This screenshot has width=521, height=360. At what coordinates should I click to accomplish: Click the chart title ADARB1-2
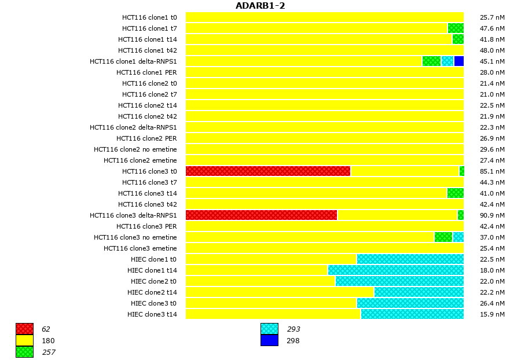(260, 6)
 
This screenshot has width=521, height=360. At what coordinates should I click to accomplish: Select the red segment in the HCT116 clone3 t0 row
(268, 171)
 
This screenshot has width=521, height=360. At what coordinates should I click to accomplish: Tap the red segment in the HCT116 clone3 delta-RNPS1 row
(261, 215)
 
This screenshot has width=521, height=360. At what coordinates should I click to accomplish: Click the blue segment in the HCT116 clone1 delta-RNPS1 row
(458, 61)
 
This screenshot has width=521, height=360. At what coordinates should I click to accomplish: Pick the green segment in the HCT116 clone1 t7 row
(456, 28)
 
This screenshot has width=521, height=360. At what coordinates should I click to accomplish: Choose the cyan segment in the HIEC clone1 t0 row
(410, 259)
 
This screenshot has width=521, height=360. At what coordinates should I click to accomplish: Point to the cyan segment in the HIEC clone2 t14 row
(419, 292)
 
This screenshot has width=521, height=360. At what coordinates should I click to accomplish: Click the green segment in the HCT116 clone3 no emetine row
(443, 237)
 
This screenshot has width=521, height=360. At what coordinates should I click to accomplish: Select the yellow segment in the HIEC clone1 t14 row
(256, 270)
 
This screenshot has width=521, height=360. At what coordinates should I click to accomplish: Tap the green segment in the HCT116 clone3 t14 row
(456, 193)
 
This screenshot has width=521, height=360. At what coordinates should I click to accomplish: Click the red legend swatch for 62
(24, 329)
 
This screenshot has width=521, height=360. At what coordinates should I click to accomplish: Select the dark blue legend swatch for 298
(269, 341)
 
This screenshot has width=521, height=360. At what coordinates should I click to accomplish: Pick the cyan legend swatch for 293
(269, 329)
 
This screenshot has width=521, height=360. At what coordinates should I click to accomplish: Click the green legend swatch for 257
(24, 352)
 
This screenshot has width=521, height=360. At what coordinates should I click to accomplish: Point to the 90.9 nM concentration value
(492, 215)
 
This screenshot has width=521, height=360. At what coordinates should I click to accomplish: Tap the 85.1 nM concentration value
(492, 171)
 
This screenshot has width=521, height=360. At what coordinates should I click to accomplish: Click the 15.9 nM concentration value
(492, 314)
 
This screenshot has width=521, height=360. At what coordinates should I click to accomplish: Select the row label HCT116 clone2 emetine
(140, 160)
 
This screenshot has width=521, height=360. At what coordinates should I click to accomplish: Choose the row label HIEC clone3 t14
(152, 314)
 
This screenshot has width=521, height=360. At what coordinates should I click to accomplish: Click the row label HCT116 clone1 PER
(146, 72)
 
